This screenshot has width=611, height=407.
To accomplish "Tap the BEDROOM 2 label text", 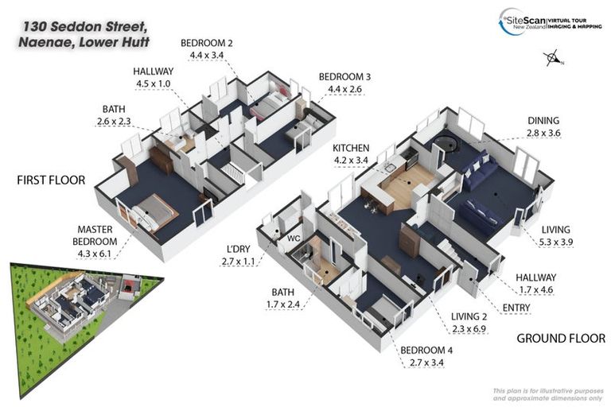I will pyautogui.click(x=206, y=43).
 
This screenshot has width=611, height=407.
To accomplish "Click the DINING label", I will pyautogui.click(x=543, y=121).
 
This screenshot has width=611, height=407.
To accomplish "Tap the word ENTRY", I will pyautogui.click(x=516, y=307).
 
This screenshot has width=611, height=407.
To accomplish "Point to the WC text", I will pyautogui.click(x=292, y=237).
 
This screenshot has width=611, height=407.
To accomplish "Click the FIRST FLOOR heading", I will pyautogui.click(x=51, y=180).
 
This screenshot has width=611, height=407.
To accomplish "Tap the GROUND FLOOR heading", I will pyautogui.click(x=560, y=338).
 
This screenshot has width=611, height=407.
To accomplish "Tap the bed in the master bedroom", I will pyautogui.click(x=153, y=213).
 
